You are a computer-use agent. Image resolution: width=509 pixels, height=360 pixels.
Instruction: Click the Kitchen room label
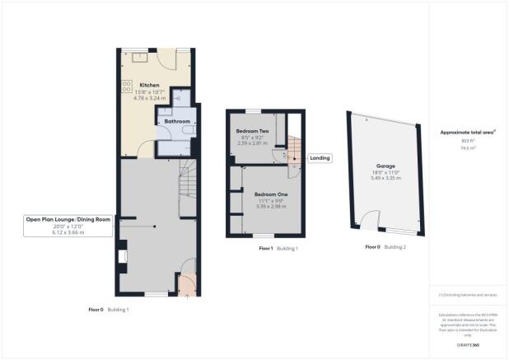pos(149,86)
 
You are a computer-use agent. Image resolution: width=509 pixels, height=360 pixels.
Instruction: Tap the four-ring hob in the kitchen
pos(128,86)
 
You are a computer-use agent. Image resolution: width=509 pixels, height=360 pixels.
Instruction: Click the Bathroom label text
pos(177,121)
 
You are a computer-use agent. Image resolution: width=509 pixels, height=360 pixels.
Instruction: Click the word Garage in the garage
pos(385,166)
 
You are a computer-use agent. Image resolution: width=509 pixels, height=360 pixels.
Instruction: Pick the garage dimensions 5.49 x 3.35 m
pos(385,178)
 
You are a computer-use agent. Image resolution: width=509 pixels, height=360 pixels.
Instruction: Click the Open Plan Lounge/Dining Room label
pos(68,219)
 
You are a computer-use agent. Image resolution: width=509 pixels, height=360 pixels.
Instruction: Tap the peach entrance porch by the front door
pos(188,284)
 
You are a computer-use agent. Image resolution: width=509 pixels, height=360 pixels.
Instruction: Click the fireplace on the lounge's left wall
pos(122,259)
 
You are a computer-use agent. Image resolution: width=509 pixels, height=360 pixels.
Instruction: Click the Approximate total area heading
pos(465,132)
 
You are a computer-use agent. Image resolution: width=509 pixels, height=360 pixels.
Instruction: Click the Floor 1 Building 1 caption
pos(278,248)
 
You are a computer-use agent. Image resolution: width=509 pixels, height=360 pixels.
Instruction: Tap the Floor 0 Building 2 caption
pos(385,247)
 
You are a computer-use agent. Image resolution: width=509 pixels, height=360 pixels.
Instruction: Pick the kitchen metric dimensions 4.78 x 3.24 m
pos(149,98)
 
